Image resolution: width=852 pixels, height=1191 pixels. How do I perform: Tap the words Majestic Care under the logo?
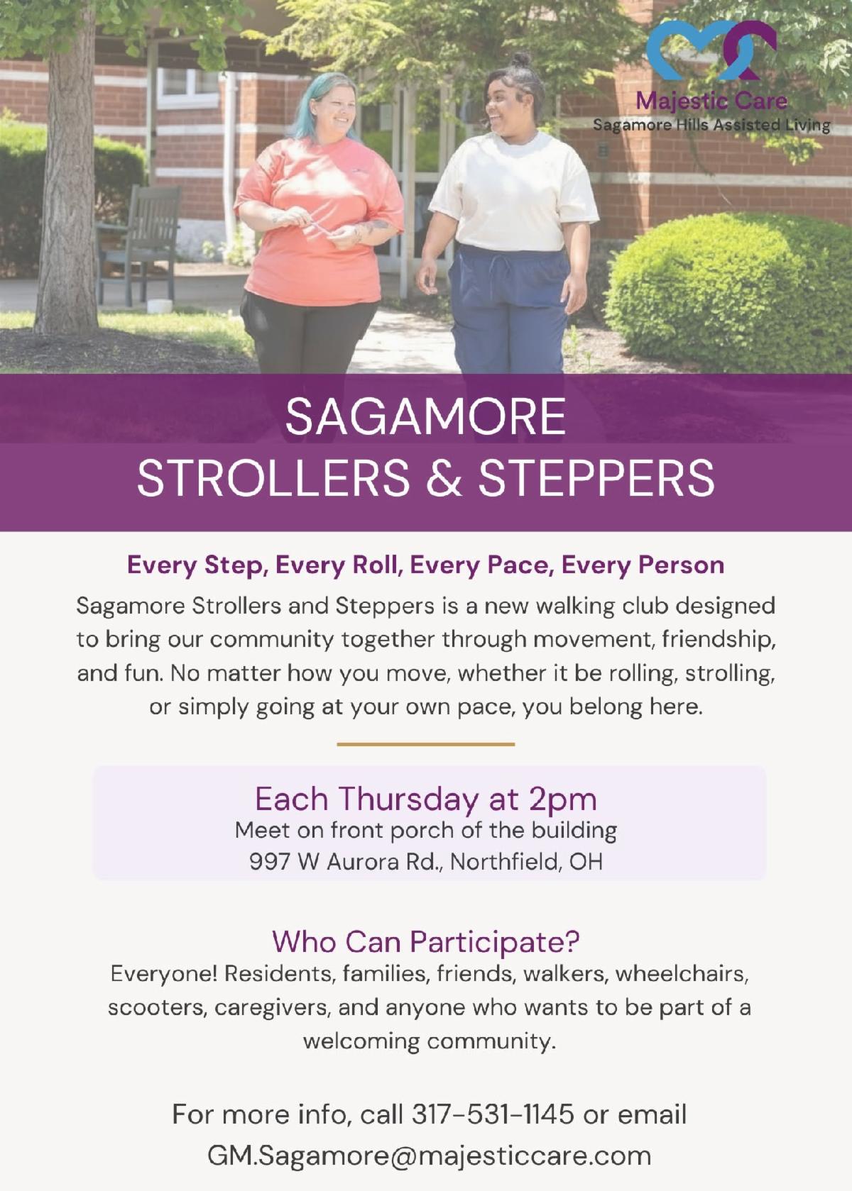point(711,101)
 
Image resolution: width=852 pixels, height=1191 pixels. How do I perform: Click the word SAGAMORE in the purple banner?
point(425,417)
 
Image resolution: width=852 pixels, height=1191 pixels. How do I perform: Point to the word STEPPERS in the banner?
point(596,477)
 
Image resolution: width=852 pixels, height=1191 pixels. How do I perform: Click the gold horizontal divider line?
point(426,744)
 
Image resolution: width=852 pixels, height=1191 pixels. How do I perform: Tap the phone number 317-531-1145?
point(493,1114)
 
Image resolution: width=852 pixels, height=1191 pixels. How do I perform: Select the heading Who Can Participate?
point(426,941)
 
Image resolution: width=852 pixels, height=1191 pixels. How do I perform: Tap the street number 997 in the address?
point(269,861)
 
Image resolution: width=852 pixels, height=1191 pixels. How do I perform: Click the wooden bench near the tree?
point(139,244)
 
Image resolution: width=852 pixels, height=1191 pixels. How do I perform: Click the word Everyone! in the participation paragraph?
point(164,974)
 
